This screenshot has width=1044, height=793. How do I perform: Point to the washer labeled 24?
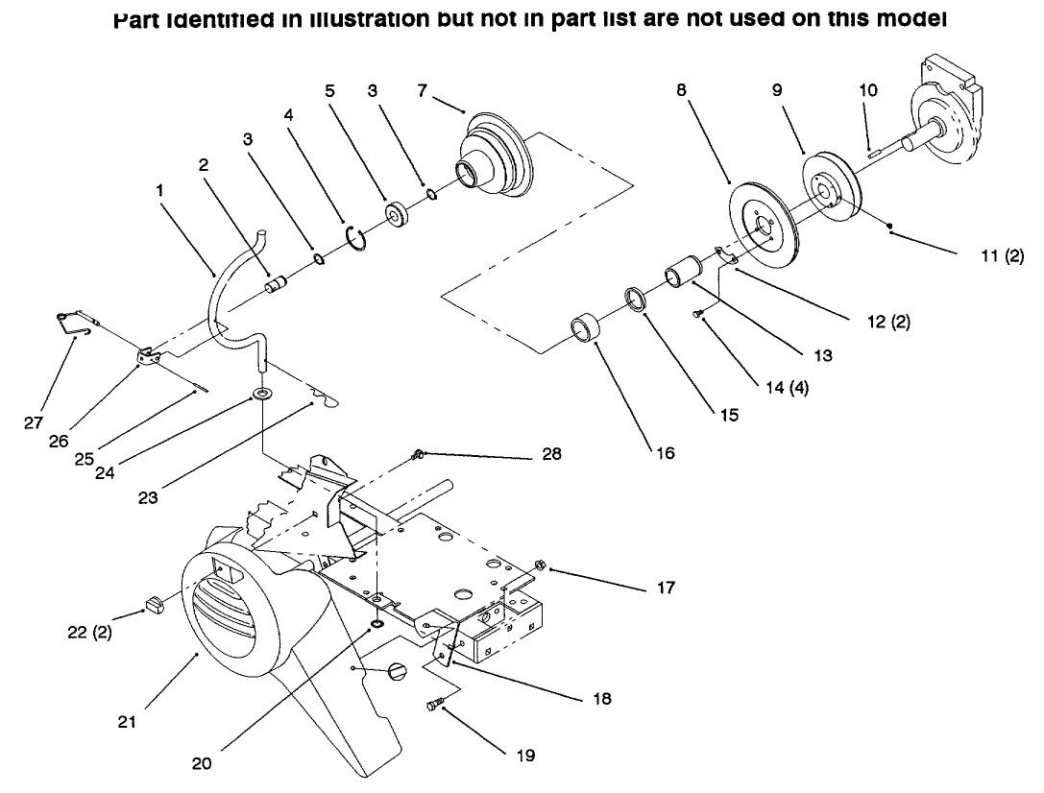click(x=261, y=395)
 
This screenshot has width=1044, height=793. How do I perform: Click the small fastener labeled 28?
click(x=420, y=453)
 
